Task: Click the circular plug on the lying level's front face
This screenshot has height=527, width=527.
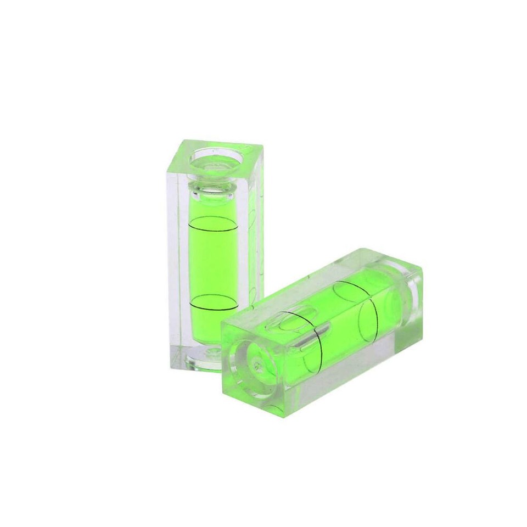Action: (x=257, y=362)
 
